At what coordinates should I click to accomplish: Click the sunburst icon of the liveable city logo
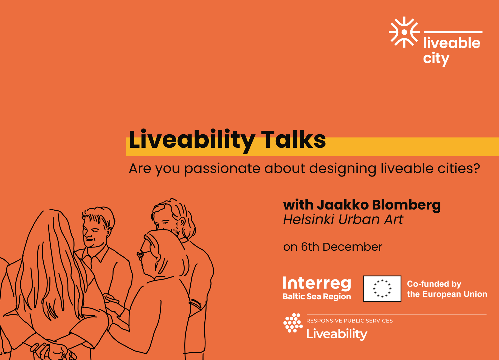tap(404, 32)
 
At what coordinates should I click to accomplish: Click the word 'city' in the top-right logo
tap(436, 58)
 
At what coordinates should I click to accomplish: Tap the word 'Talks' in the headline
tap(293, 139)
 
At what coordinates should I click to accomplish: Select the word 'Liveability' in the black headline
tap(192, 141)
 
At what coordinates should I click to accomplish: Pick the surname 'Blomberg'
tap(406, 205)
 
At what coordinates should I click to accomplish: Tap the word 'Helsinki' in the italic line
tap(309, 219)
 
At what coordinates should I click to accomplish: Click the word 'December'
tap(352, 247)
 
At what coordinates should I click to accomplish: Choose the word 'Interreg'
tap(317, 283)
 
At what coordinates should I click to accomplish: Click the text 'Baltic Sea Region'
tap(317, 297)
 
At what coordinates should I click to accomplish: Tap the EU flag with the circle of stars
tap(382, 289)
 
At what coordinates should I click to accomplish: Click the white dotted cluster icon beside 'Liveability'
tap(293, 323)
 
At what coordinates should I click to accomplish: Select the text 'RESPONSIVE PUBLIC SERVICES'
tap(349, 321)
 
